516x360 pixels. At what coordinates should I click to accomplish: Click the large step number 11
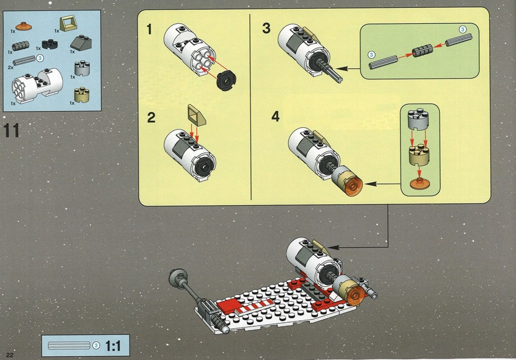point(11,130)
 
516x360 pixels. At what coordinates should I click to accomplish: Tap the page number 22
point(9,355)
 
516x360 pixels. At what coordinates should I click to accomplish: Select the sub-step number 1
point(150,29)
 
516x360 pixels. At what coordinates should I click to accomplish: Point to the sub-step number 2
point(151,118)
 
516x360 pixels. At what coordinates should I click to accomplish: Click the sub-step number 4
point(275,116)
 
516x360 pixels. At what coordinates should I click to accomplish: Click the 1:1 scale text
point(113,346)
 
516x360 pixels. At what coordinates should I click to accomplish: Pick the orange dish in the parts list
point(24,26)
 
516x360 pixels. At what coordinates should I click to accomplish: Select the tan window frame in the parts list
point(68,24)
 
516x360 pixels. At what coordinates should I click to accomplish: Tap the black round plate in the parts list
point(50,44)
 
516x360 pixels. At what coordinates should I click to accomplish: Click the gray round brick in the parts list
point(82,69)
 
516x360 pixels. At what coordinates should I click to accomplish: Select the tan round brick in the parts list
point(82,95)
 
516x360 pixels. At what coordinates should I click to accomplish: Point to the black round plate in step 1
point(226,80)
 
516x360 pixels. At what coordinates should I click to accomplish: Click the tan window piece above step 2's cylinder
point(197,116)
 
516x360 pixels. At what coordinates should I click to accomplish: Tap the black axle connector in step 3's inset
point(423,51)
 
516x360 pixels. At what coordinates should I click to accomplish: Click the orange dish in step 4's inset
point(419,184)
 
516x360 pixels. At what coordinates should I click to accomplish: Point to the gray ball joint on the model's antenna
point(178,278)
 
